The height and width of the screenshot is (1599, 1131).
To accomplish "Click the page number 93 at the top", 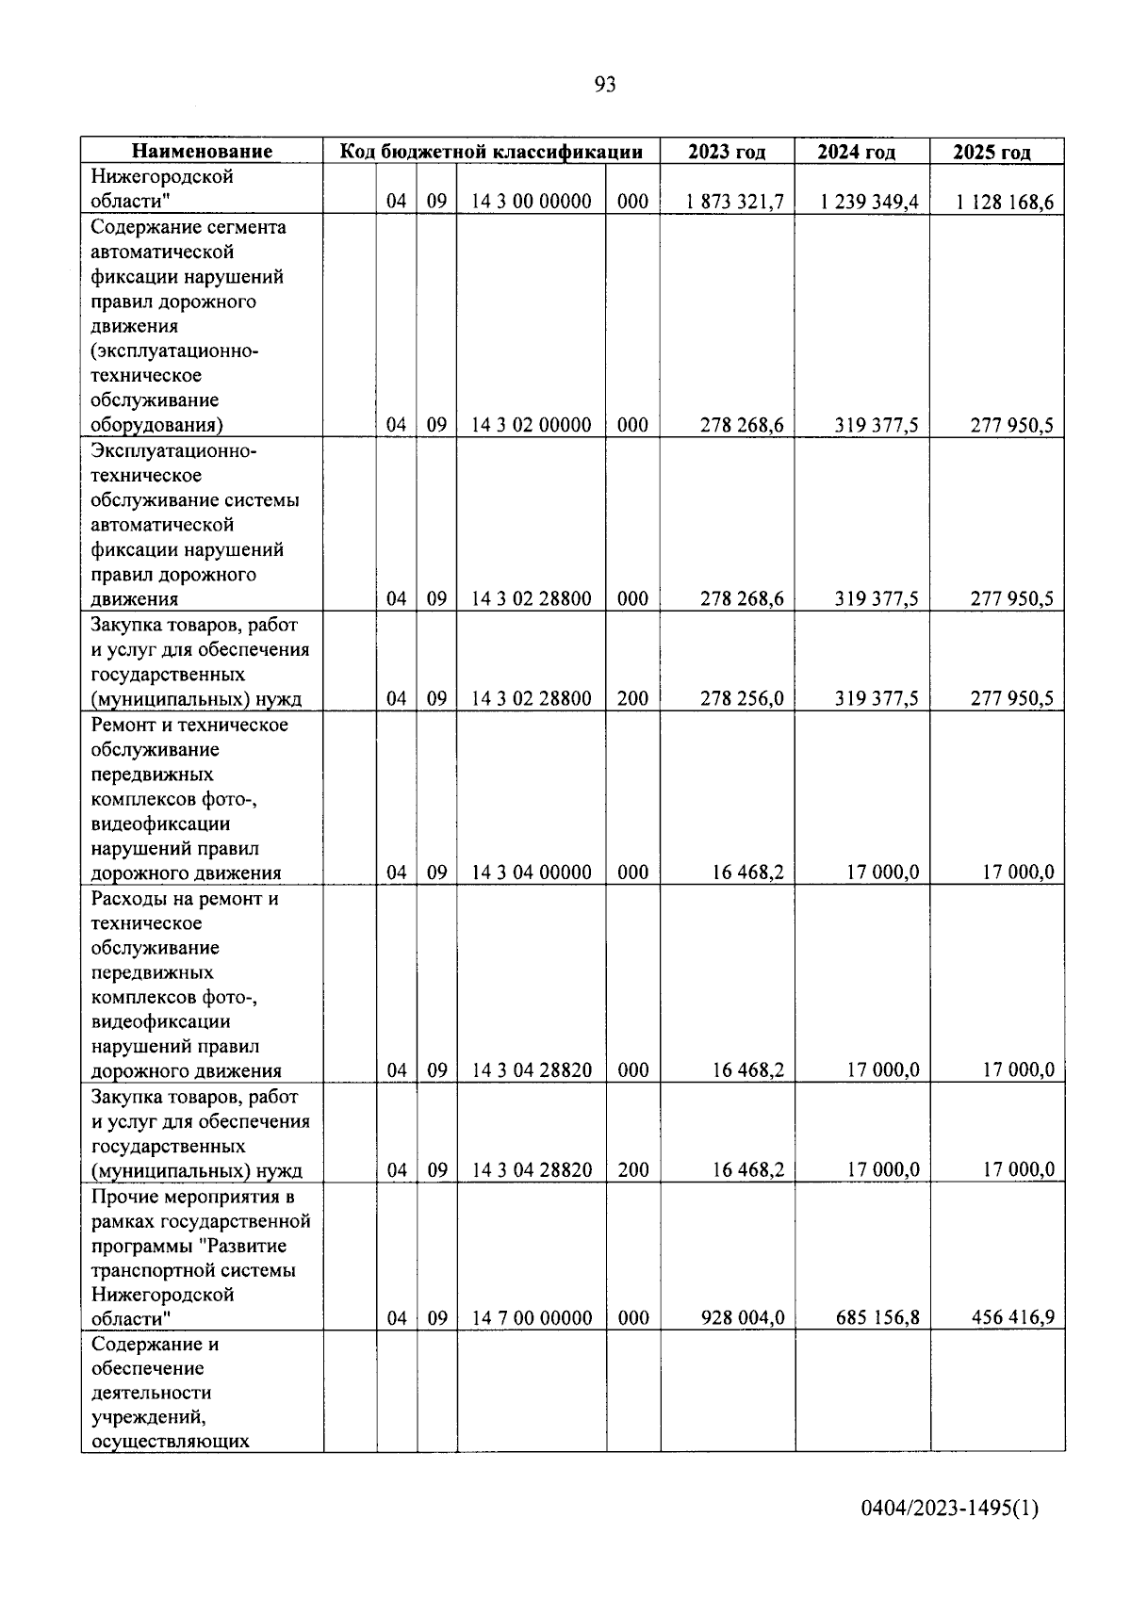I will pos(605,85).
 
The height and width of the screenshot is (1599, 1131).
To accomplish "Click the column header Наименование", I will pos(202,152).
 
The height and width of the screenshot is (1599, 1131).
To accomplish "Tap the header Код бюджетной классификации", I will pos(491,152).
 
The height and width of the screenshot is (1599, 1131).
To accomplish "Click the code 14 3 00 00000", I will pos(532,202).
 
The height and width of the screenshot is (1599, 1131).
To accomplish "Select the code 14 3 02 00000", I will pos(532,425).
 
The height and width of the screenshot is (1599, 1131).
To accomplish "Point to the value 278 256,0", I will pos(742,698).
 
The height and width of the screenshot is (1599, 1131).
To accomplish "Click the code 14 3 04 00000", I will pos(532,873).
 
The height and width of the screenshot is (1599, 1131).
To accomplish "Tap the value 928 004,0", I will pos(742,1317).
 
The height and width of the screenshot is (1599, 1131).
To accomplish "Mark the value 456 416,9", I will pos(1012,1317).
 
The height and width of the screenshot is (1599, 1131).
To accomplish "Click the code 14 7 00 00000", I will pos(532,1317).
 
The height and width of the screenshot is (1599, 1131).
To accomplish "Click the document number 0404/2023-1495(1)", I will pos(949,1509).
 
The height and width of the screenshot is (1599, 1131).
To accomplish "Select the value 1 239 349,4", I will pos(869,202).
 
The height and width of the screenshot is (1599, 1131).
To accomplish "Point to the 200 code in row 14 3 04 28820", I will pos(632,1170).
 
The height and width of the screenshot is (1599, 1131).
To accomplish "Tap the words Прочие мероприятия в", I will pos(193,1197).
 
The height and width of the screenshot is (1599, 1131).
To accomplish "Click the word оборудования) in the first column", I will pos(156,425).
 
